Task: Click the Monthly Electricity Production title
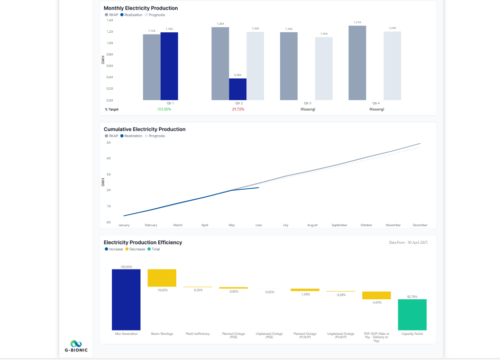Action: tap(141, 8)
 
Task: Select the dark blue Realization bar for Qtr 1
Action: tap(169, 66)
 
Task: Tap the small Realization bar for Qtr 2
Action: tap(237, 89)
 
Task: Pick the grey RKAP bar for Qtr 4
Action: tap(357, 63)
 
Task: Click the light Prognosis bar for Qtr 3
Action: tap(324, 68)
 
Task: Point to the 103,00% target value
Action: tap(164, 110)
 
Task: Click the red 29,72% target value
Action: tap(238, 110)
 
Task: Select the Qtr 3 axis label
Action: tap(307, 103)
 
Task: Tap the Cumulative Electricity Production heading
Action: tap(145, 129)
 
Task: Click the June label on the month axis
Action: tap(258, 225)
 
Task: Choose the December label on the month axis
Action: tap(420, 225)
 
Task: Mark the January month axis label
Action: tap(124, 225)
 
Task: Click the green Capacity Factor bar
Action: tap(412, 314)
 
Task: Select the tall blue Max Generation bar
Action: tap(126, 299)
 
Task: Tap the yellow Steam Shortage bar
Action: tap(162, 278)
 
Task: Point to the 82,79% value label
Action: tap(412, 296)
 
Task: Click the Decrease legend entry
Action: tap(136, 249)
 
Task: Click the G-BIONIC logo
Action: tap(76, 346)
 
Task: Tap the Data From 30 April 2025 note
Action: tap(408, 242)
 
